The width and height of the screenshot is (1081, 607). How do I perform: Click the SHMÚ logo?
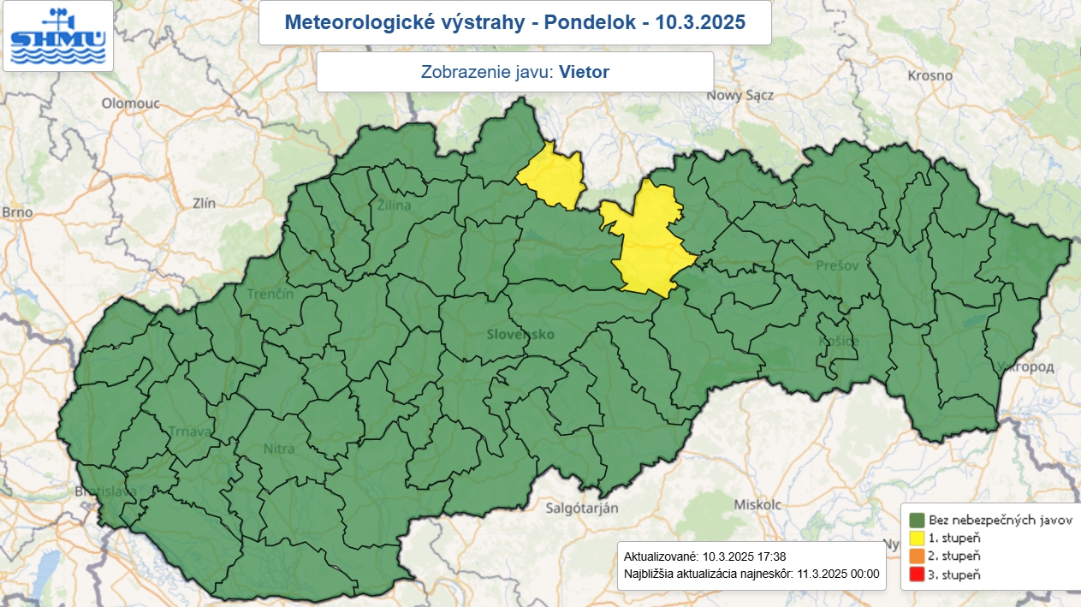[x=57, y=37]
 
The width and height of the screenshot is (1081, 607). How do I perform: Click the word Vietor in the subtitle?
[x=584, y=72]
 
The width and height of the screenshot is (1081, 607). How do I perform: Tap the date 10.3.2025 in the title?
[x=700, y=22]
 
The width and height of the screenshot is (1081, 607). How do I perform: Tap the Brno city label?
[x=17, y=211]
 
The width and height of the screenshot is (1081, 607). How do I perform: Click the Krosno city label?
[x=931, y=75]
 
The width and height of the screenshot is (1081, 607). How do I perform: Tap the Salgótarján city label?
[x=582, y=508]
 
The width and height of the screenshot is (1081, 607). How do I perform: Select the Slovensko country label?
[x=520, y=334]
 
